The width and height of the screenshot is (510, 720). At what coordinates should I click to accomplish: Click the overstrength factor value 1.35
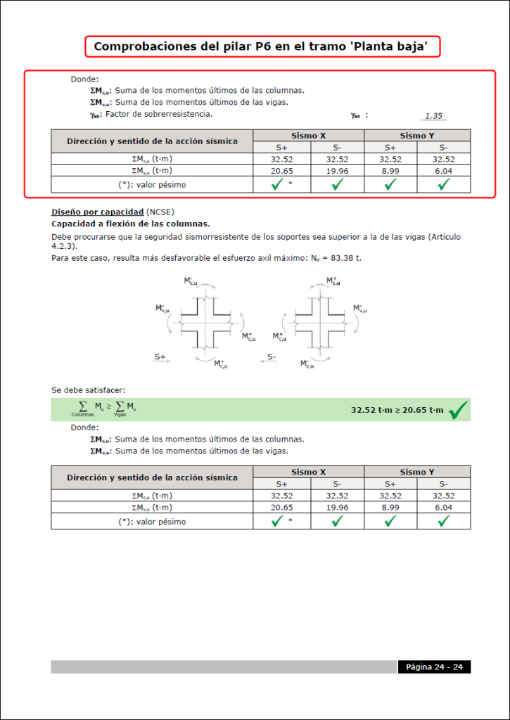point(434,116)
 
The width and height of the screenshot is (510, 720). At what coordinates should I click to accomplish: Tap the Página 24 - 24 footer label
point(434,667)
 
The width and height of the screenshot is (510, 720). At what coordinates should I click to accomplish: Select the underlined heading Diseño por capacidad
point(97,212)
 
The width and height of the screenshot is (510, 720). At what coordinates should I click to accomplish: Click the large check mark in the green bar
point(458,409)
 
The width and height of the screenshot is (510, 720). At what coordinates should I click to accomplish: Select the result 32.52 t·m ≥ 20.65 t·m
point(397,410)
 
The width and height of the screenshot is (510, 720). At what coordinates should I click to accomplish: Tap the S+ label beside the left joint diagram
point(160,357)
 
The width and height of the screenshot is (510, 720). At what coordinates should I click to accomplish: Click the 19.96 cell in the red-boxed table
point(337,171)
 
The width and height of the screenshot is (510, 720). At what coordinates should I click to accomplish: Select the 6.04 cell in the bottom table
point(443,508)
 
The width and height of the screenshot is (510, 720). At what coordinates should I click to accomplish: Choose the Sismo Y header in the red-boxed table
point(416,136)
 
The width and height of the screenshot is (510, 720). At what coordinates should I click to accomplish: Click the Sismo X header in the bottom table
point(308,472)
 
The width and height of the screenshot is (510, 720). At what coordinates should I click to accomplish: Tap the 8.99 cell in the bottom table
point(390,508)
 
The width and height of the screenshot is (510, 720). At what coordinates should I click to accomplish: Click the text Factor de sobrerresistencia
point(159,114)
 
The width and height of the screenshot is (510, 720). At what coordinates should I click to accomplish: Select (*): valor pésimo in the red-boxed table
point(152,184)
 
